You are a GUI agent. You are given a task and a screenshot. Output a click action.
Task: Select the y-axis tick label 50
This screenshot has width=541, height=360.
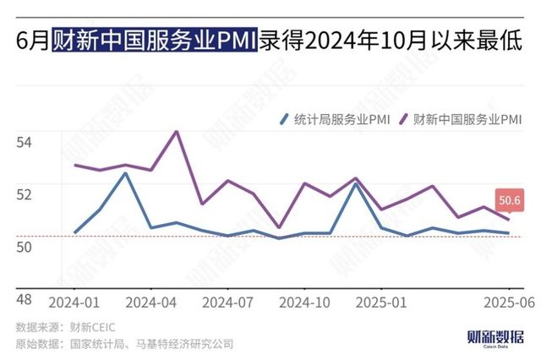click(24, 246)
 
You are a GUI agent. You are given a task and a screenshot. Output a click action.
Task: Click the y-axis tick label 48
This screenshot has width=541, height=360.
click(24, 299)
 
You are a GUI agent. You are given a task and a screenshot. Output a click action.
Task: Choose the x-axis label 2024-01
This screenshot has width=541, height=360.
click(74, 302)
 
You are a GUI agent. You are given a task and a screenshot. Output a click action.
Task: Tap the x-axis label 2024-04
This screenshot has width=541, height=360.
click(152, 302)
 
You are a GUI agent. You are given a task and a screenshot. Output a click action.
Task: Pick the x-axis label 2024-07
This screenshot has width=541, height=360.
click(229, 302)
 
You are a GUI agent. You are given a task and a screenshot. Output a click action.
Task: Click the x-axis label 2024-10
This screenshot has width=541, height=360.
click(305, 302)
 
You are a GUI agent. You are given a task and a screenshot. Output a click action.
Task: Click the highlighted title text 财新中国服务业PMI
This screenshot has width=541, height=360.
click(153, 41)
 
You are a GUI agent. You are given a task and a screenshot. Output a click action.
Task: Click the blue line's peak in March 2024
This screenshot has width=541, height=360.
click(126, 173)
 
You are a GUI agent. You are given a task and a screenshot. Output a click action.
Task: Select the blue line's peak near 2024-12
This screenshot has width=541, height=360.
click(356, 183)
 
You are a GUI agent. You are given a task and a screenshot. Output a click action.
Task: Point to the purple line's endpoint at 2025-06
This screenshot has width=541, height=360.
click(508, 220)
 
